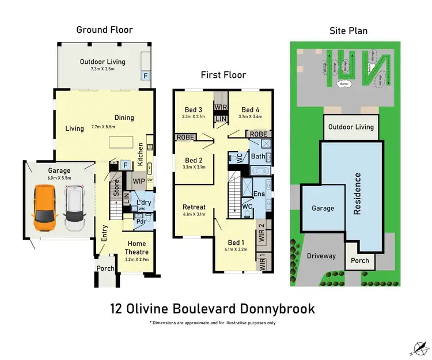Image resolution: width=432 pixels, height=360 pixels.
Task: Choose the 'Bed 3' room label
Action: tap(194, 110)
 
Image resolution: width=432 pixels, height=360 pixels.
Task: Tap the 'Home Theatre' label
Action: tap(137, 247)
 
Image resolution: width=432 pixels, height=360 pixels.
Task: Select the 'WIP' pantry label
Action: tap(138, 181)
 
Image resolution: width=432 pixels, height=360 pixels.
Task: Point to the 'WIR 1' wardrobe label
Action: tap(263, 263)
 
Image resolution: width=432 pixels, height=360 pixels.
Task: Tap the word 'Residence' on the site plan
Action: tap(358, 194)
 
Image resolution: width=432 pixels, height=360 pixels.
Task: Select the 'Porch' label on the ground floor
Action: tap(104, 268)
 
